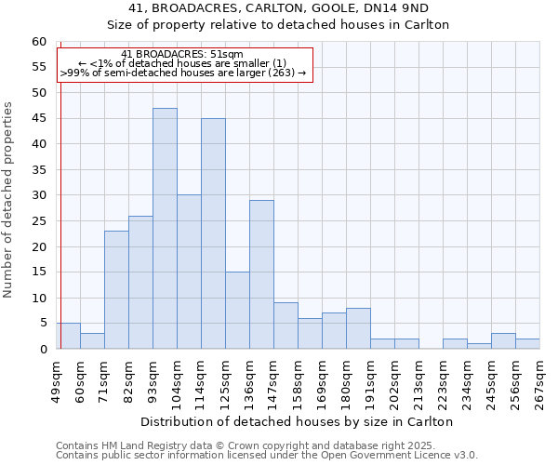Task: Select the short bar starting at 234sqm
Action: click(x=479, y=346)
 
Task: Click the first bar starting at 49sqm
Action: click(x=68, y=336)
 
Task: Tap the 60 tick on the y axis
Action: click(x=38, y=42)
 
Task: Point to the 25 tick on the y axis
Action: click(x=38, y=221)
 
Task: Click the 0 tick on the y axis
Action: click(x=42, y=350)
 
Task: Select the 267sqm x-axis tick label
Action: click(x=539, y=381)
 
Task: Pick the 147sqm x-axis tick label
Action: click(x=273, y=381)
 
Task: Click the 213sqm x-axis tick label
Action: click(x=418, y=381)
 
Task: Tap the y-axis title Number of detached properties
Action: click(x=9, y=200)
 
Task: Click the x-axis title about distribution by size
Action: click(x=298, y=421)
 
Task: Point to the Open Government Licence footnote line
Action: click(x=267, y=456)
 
